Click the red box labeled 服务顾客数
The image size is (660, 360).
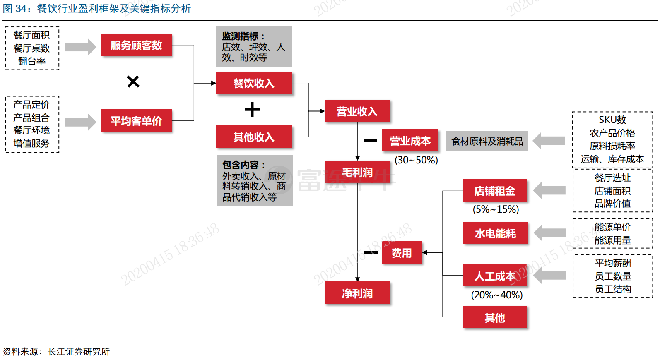tap(136, 45)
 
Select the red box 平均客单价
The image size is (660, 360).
tap(136, 121)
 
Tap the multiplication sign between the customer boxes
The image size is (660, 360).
tap(133, 82)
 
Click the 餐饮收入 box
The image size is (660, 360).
tap(254, 83)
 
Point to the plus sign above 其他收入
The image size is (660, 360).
tap(252, 110)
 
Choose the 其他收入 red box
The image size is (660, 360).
tap(254, 137)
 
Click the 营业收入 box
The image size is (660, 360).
tap(357, 111)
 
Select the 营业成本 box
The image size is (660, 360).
tap(410, 141)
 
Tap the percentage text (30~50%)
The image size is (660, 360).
tap(416, 160)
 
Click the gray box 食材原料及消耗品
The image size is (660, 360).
tap(487, 142)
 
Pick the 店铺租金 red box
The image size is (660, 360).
tap(495, 191)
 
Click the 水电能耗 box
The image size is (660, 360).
tap(495, 233)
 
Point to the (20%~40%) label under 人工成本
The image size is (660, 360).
tap(497, 295)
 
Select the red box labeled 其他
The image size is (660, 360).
tap(495, 317)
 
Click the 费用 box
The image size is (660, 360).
tap(402, 253)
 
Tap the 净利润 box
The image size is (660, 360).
tap(357, 293)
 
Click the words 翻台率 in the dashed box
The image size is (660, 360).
tap(32, 61)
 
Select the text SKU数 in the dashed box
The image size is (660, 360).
tap(612, 120)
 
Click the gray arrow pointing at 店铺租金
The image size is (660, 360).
tap(549, 190)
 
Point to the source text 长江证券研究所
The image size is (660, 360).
tap(79, 352)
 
